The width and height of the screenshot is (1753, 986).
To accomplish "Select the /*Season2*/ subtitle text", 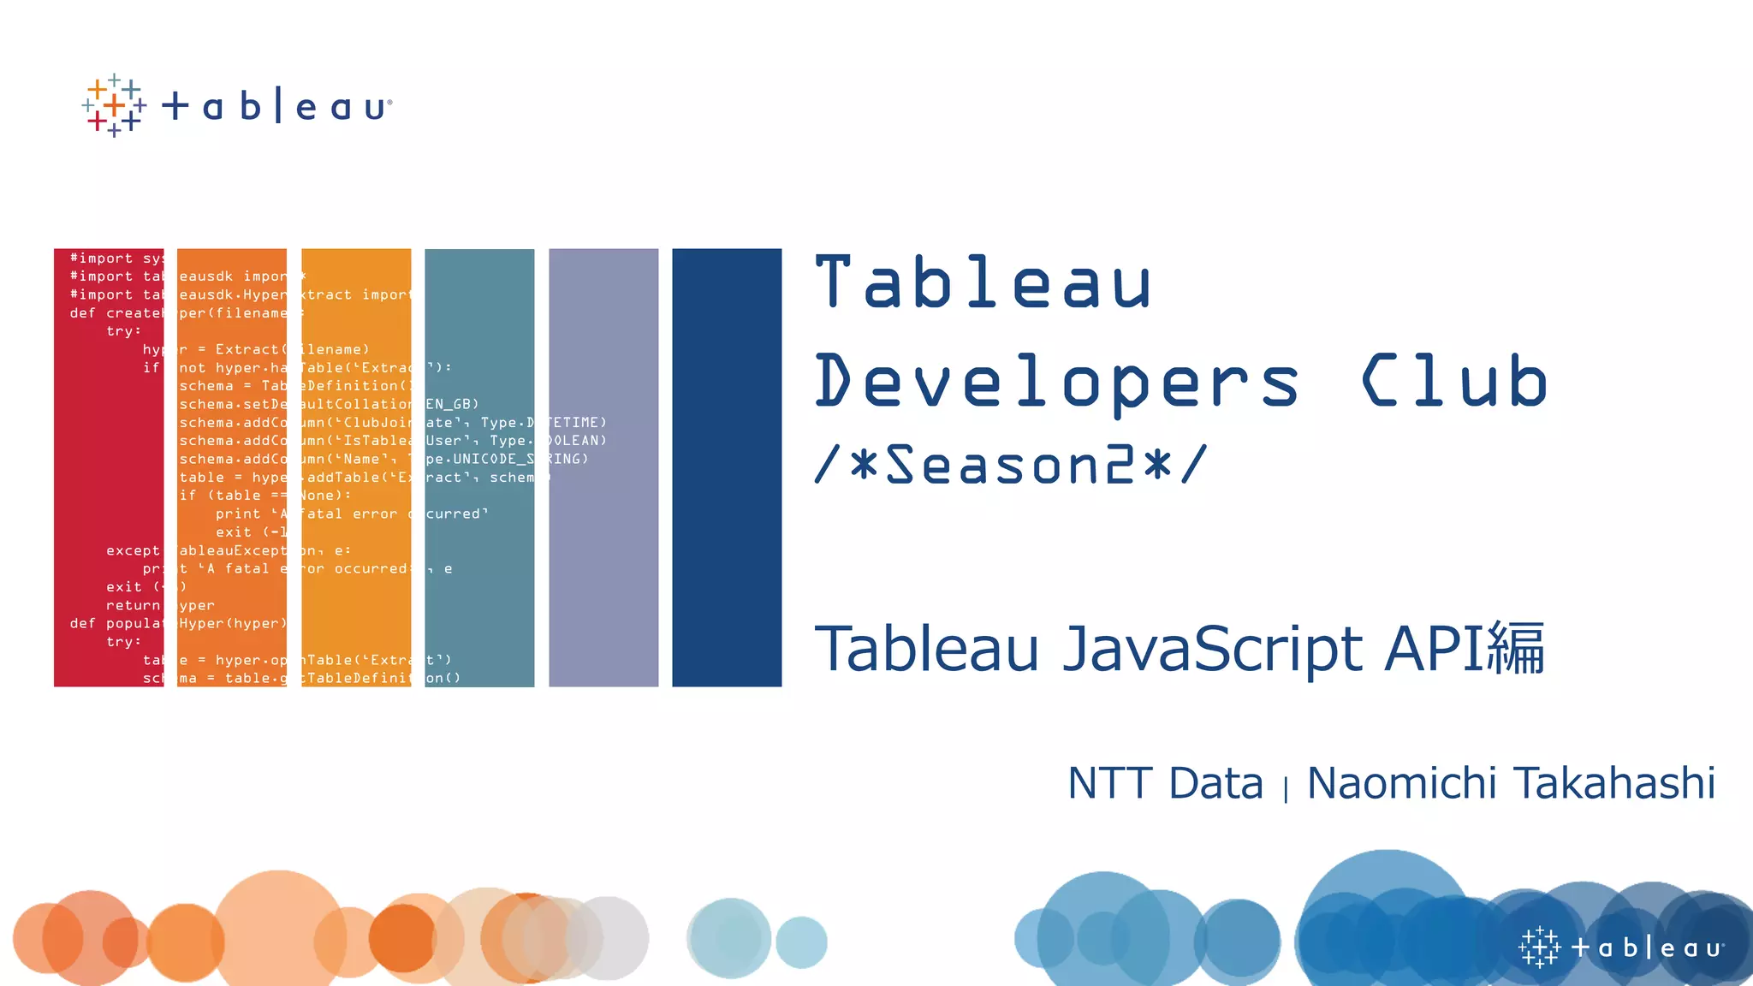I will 1011,465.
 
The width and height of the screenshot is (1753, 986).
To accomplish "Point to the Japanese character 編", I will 1516,649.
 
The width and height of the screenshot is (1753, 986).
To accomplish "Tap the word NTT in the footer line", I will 1110,783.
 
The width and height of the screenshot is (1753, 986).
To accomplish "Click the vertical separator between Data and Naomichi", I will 1286,787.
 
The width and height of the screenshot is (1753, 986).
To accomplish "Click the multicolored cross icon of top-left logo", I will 114,106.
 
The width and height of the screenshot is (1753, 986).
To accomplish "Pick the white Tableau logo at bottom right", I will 1621,947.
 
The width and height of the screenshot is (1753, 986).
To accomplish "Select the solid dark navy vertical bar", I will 727,467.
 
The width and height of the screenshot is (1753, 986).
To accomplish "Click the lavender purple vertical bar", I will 603,467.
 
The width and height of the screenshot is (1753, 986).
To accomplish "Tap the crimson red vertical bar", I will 108,467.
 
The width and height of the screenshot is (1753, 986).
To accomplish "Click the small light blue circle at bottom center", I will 801,942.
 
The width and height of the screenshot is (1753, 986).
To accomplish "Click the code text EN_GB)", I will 453,404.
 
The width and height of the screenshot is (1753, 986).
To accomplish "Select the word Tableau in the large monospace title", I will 983,282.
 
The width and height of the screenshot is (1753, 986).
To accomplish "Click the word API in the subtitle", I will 1434,649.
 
